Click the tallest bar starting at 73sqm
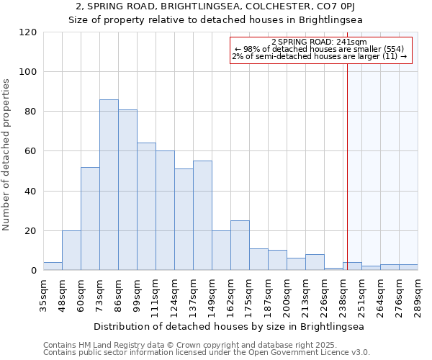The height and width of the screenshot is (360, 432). coord(109,185)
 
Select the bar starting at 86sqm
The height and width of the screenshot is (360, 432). coord(127,190)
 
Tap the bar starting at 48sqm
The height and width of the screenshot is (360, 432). coord(71,251)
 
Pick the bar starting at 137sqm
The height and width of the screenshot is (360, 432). coord(202,216)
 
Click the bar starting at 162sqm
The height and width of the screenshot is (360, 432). coord(240,246)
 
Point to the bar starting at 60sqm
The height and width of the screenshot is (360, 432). coord(90,219)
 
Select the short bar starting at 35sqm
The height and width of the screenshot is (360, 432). coord(53,266)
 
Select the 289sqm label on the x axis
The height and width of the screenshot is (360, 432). coord(418,294)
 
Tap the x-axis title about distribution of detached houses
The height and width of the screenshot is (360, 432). coord(230,326)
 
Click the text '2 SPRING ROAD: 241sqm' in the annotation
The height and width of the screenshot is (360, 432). coord(320,42)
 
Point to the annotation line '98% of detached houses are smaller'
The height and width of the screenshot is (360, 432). coord(320,49)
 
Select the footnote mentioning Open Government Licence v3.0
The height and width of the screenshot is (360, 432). coord(207,353)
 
